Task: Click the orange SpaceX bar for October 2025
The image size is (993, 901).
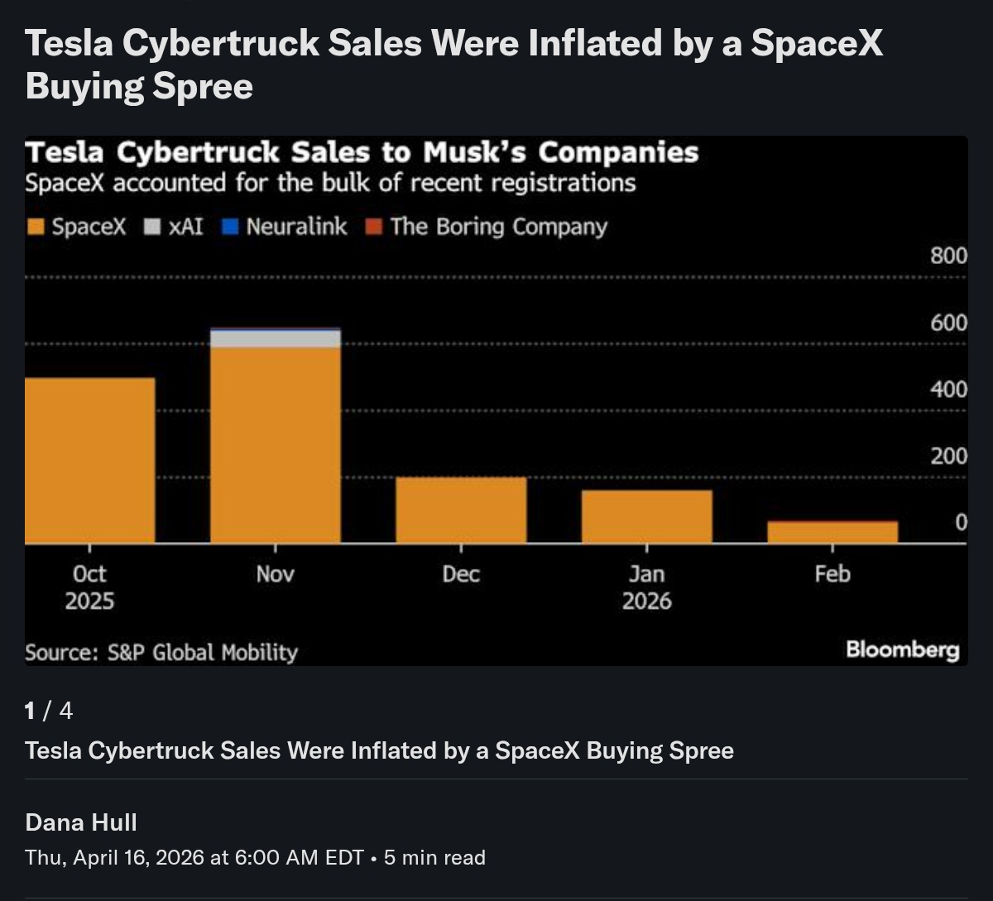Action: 90,460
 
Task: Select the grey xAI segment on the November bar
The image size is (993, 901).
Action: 276,338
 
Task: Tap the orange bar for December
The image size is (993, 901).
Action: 461,510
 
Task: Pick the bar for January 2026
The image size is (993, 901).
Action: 646,516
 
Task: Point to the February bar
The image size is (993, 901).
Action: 832,532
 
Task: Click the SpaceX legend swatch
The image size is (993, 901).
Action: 36,228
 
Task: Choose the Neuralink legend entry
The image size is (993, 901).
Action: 286,228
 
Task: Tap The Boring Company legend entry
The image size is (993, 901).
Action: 488,228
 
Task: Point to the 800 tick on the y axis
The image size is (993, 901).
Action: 948,256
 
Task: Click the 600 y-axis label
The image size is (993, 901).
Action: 948,323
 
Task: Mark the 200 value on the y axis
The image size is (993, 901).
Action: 948,456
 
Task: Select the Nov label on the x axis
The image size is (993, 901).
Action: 276,574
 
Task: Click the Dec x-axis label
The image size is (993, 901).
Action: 461,574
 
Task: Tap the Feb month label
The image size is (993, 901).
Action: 832,574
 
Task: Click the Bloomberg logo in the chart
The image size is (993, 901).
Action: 902,650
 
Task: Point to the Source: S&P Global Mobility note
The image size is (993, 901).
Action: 161,653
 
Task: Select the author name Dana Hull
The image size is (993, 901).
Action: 81,822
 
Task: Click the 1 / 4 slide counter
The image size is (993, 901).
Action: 49,711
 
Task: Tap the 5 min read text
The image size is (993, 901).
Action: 434,858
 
